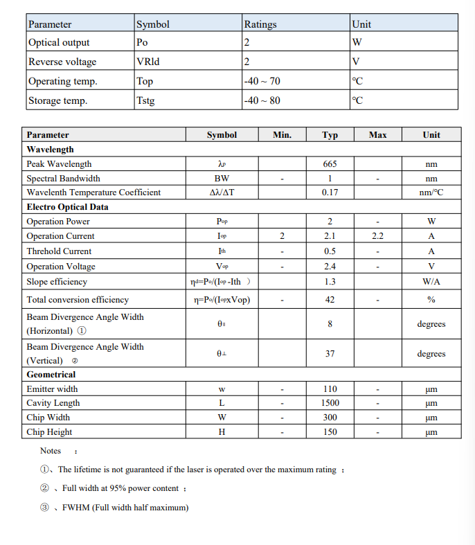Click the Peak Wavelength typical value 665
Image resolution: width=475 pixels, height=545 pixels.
pyautogui.click(x=330, y=164)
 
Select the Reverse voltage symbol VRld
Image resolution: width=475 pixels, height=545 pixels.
pyautogui.click(x=147, y=62)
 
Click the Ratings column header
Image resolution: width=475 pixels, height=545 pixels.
pyautogui.click(x=260, y=24)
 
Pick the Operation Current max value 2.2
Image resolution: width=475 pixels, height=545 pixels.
pyautogui.click(x=377, y=236)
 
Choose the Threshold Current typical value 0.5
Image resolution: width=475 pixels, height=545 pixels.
pyautogui.click(x=330, y=251)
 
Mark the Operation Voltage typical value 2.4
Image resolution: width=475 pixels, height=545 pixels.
pyautogui.click(x=330, y=267)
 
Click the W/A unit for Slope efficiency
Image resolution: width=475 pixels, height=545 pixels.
pyautogui.click(x=431, y=282)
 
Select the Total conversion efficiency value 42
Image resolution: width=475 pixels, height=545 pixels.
pyautogui.click(x=330, y=300)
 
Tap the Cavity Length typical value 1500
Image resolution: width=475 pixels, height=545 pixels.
pyautogui.click(x=330, y=403)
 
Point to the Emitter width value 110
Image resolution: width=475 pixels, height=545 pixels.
pyautogui.click(x=330, y=389)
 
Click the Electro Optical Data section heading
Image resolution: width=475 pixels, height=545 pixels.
pyautogui.click(x=67, y=207)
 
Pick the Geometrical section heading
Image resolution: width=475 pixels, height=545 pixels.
pyautogui.click(x=51, y=375)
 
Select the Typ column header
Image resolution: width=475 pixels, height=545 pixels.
pyautogui.click(x=330, y=135)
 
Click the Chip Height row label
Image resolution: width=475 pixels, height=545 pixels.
pyautogui.click(x=49, y=432)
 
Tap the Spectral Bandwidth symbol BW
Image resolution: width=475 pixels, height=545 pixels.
pyautogui.click(x=222, y=179)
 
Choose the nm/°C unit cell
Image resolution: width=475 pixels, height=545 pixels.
pyautogui.click(x=431, y=193)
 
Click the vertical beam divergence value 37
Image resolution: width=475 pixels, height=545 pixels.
pyautogui.click(x=330, y=354)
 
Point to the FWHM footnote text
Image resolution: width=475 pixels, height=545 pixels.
pyautogui.click(x=125, y=508)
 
